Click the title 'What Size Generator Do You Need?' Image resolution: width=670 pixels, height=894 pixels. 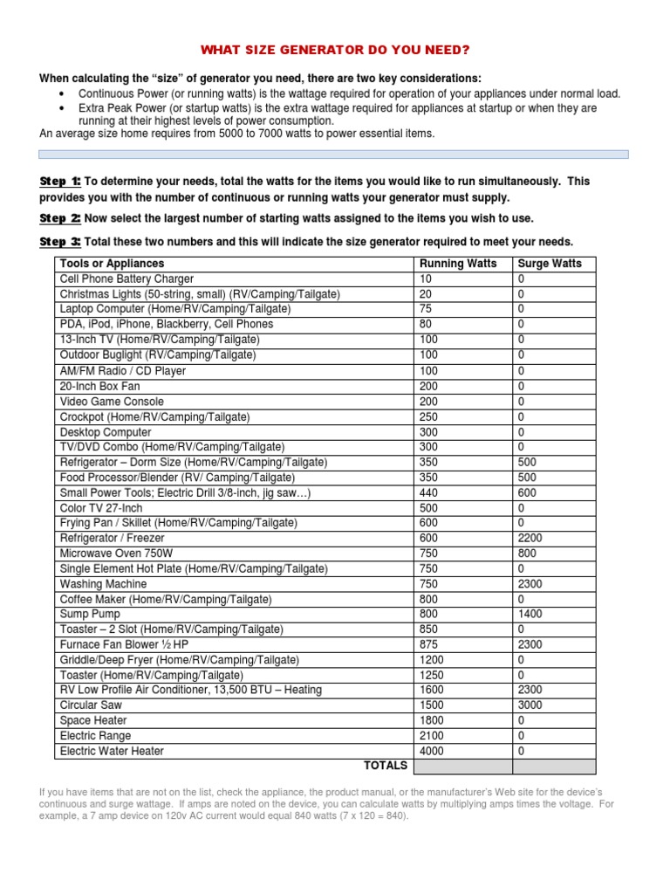pyautogui.click(x=335, y=51)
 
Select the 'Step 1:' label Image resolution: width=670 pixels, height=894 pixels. pyautogui.click(x=60, y=182)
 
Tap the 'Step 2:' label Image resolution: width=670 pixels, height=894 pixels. pyautogui.click(x=60, y=218)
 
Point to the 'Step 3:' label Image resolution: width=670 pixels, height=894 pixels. pyautogui.click(x=60, y=242)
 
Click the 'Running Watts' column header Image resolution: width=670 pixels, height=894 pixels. pyautogui.click(x=458, y=263)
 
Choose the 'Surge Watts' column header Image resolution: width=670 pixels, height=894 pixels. pyautogui.click(x=550, y=263)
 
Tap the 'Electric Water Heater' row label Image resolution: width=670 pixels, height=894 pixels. pyautogui.click(x=112, y=751)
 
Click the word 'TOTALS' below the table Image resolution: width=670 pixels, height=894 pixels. pyautogui.click(x=385, y=766)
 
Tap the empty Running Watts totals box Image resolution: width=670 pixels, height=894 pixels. pyautogui.click(x=462, y=767)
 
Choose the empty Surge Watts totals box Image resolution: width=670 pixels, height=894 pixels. pyautogui.click(x=554, y=767)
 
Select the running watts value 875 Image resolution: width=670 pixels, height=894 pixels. pyautogui.click(x=430, y=644)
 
